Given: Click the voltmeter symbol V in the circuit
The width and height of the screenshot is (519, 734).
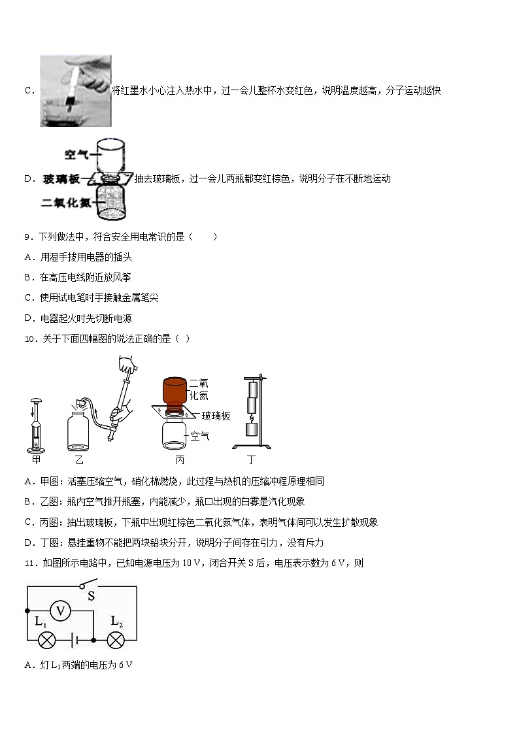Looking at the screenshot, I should (x=60, y=611).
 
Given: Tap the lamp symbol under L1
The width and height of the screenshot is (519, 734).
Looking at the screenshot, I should (x=47, y=640).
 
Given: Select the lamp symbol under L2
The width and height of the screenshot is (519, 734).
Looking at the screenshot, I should (x=116, y=640).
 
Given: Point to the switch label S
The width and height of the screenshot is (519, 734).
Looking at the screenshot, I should (x=91, y=596).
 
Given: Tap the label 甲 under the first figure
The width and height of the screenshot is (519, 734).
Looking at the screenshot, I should (x=36, y=459).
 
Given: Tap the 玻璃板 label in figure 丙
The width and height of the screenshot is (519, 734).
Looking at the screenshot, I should (x=216, y=416).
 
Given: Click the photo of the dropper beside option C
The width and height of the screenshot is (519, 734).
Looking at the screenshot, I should (x=75, y=91).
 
